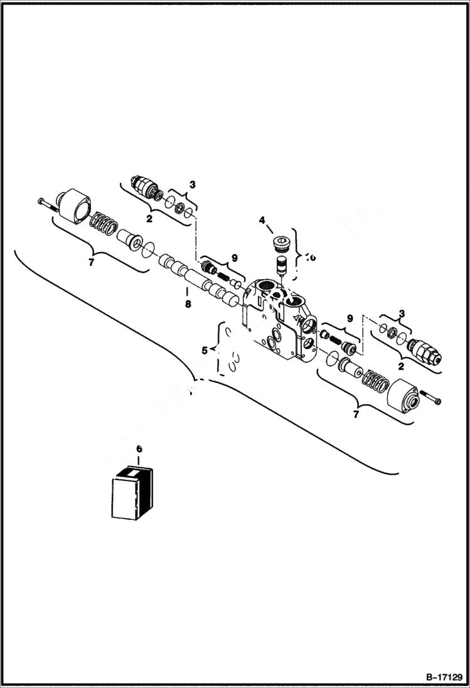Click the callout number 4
(262, 220)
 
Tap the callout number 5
(205, 351)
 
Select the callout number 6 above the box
(139, 449)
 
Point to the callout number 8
(188, 305)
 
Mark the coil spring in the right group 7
(375, 379)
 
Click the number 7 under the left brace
(91, 262)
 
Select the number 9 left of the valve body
(234, 257)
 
